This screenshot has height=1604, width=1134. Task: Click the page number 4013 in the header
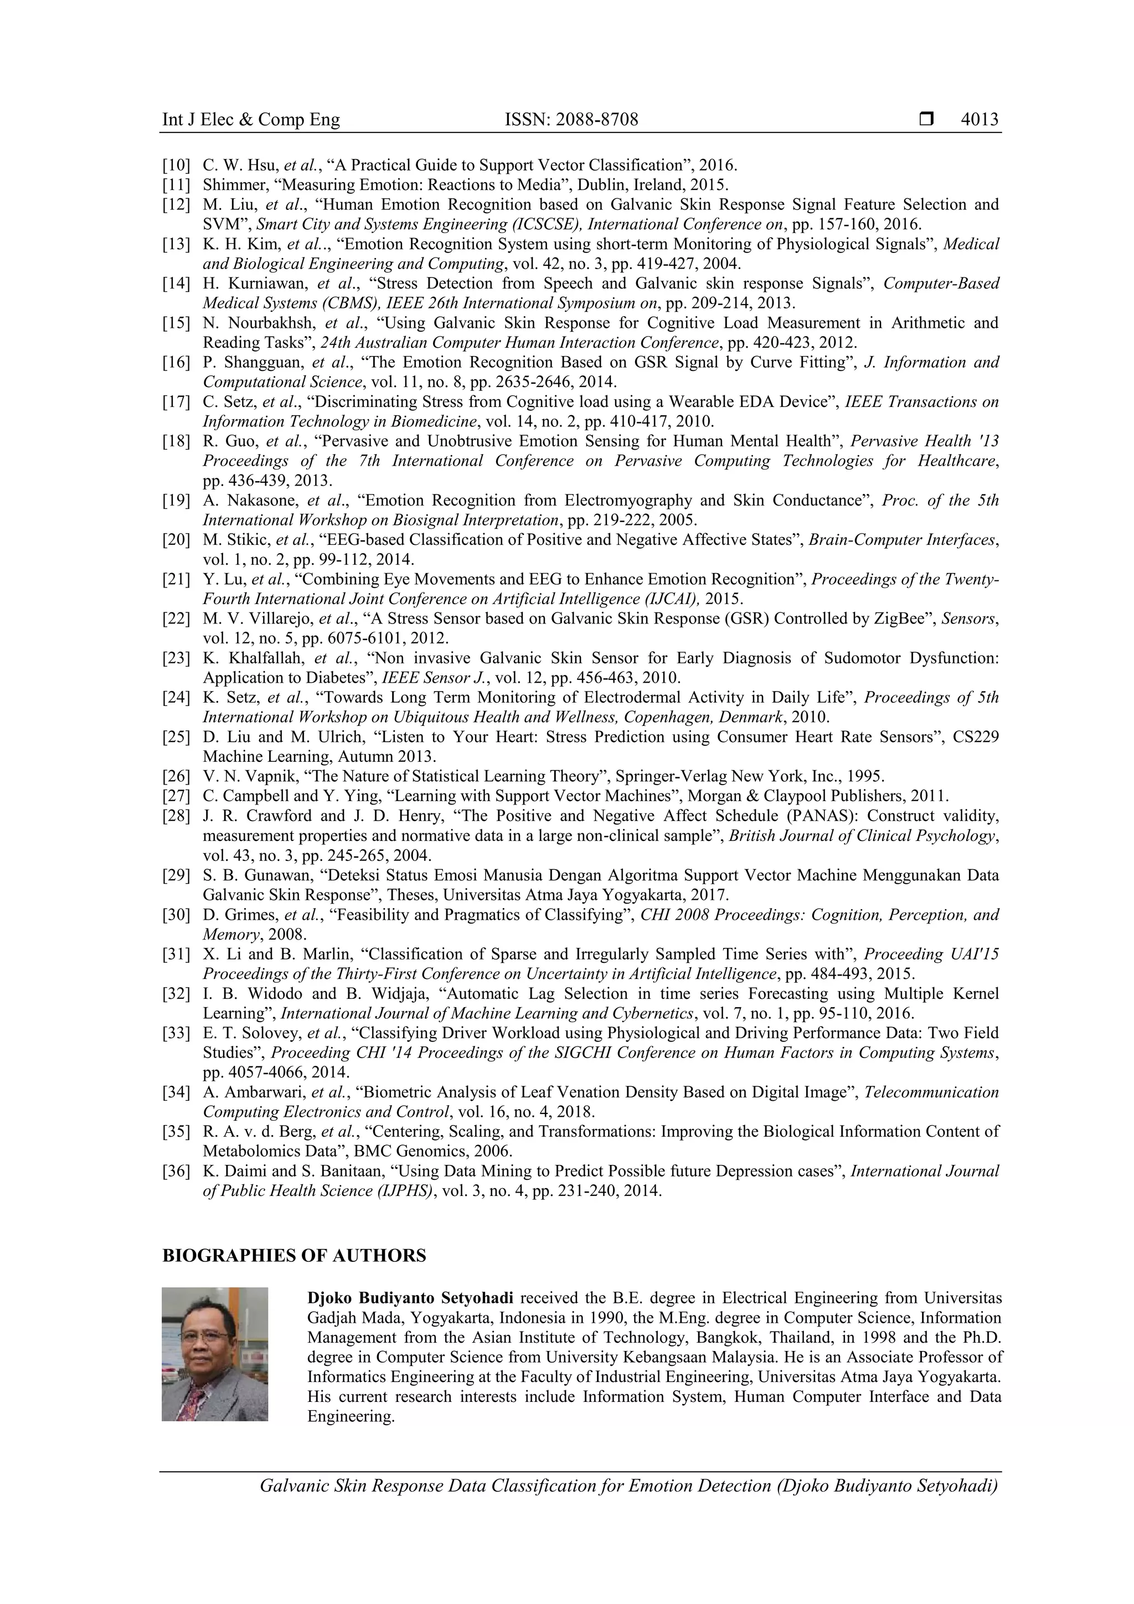coord(979,120)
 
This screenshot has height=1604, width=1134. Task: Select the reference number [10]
coord(176,166)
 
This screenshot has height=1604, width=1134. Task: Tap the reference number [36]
coord(176,1171)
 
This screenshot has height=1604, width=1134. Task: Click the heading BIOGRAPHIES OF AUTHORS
coord(293,1255)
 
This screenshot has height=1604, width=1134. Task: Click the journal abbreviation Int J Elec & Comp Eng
coord(251,120)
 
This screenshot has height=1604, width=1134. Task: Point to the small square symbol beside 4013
coord(926,120)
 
